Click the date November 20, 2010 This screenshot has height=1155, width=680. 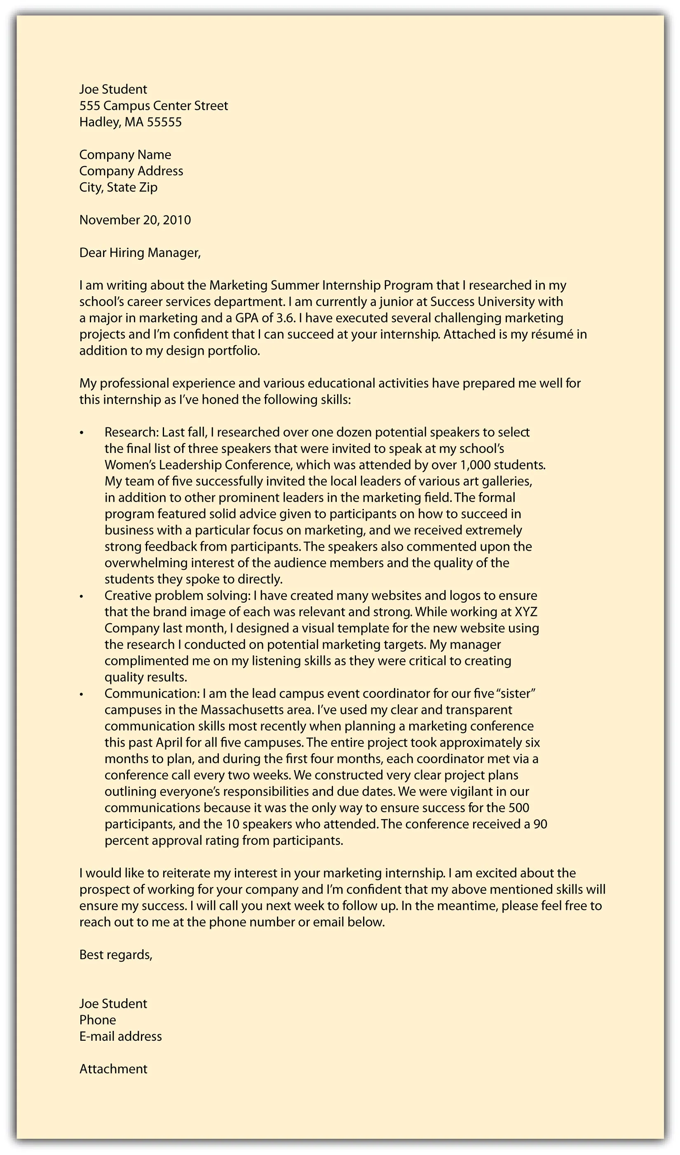pos(135,220)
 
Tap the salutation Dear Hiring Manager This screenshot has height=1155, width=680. pos(140,252)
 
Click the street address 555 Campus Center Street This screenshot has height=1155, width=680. pos(153,106)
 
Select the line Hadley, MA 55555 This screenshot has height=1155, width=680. pos(131,122)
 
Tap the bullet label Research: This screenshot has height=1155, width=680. pos(131,432)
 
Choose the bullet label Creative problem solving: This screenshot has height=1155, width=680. pos(177,596)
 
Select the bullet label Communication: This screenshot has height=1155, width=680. pos(152,693)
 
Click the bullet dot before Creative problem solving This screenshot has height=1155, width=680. pos(82,596)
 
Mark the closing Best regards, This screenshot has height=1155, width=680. pos(116,955)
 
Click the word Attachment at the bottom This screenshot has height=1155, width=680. pos(113,1069)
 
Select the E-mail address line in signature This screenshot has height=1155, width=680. pos(120,1036)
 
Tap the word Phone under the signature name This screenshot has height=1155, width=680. pos(98,1020)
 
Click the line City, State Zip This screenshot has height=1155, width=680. pos(118,188)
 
